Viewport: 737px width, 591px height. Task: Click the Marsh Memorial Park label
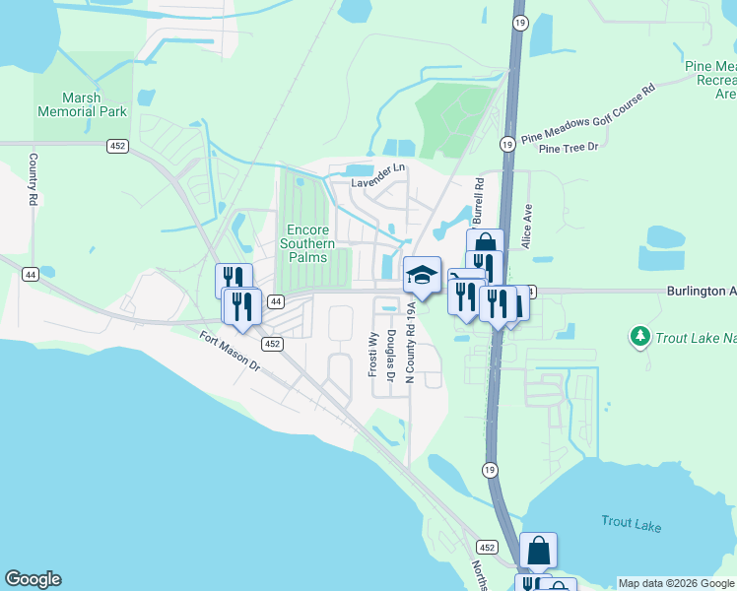[82, 104]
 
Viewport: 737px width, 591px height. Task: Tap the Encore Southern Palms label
[307, 243]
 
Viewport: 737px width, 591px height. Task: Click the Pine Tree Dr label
[569, 148]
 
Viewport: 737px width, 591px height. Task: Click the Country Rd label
[33, 178]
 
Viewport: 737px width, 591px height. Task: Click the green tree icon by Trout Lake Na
[639, 338]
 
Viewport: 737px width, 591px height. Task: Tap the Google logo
[33, 579]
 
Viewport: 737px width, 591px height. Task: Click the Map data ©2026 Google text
[676, 583]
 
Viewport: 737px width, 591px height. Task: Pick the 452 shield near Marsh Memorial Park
[117, 146]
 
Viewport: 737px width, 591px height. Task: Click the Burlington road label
[701, 292]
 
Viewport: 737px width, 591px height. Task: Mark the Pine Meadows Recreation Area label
[710, 80]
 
